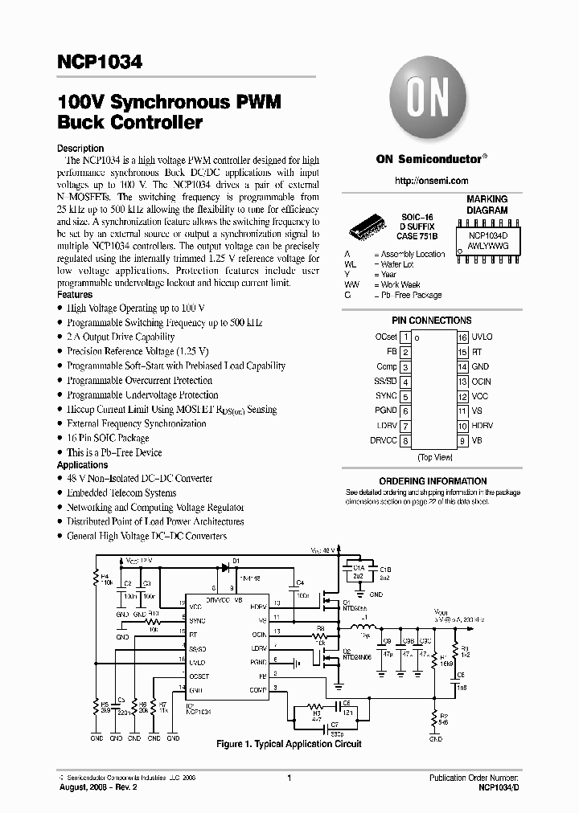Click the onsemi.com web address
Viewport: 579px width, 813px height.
432,182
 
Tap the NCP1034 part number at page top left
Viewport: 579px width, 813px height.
100,63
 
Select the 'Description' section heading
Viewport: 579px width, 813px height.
80,149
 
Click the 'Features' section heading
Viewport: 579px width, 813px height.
75,295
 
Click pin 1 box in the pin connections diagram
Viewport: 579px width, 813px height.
407,337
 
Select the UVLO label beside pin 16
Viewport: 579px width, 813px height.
482,337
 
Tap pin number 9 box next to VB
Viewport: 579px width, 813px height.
463,440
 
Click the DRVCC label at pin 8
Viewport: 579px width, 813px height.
383,440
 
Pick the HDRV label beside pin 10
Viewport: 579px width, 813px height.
482,425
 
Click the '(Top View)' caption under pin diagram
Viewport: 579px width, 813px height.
435,457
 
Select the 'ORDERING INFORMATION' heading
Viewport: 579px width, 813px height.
433,481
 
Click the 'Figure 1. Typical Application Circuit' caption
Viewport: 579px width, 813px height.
289,745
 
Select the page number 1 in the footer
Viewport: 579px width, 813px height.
289,778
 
